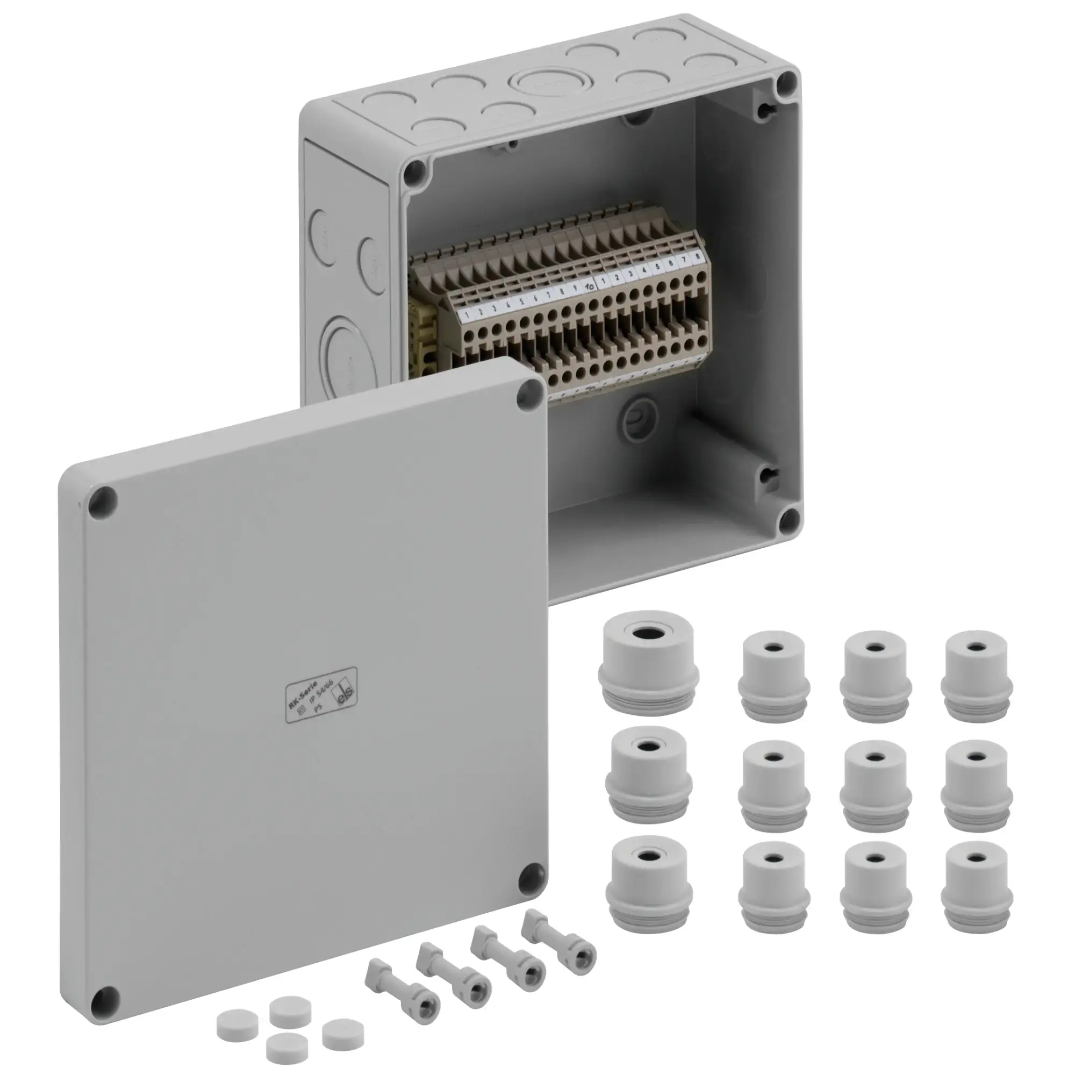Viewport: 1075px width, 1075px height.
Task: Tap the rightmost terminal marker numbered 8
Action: click(x=697, y=256)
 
